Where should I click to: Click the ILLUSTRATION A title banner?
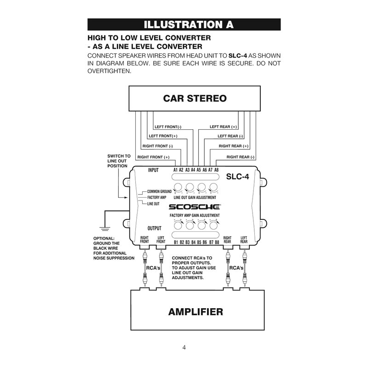tap(184, 24)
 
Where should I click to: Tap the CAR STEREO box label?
tap(195, 98)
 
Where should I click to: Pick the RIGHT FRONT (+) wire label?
tap(154, 157)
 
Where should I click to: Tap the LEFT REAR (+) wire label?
tap(223, 126)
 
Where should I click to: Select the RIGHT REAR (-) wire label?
tap(240, 157)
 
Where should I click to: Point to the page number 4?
tap(184, 347)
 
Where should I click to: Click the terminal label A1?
tap(175, 170)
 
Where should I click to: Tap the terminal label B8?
tap(217, 242)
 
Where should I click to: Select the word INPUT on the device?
tap(153, 170)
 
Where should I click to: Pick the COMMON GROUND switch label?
tap(159, 191)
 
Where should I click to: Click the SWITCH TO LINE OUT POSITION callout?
tap(119, 161)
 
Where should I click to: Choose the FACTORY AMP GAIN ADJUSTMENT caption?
tap(195, 215)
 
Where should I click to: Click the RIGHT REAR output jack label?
tap(227, 239)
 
